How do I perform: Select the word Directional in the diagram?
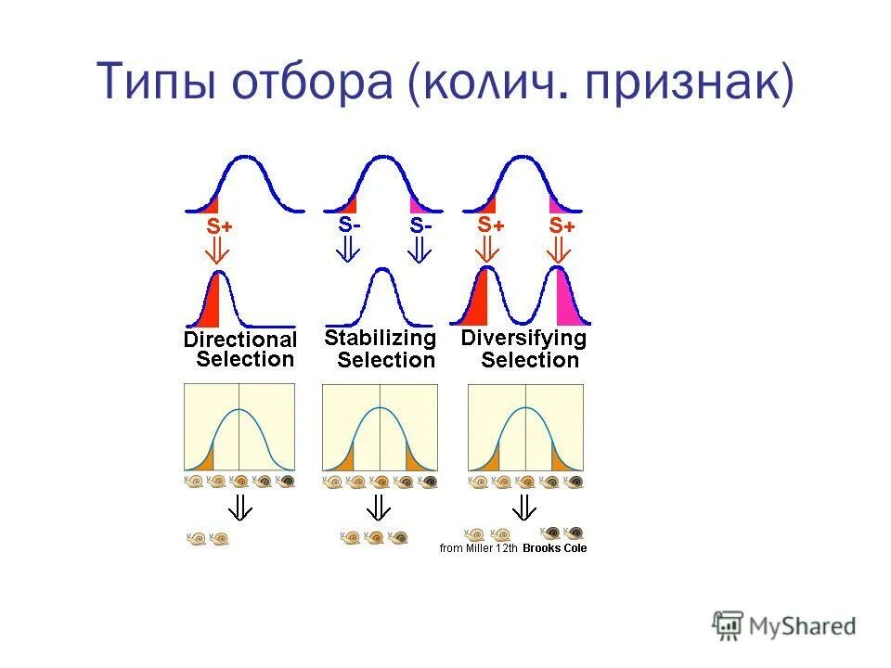239,340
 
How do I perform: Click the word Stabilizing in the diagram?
380,338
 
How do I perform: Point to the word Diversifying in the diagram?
523,338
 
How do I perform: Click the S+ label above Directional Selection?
219,225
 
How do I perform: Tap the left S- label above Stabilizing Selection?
349,225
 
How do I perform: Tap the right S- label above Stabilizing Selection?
420,225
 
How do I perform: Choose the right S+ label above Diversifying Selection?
562,225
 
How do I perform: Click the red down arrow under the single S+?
216,251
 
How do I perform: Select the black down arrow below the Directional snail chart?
240,507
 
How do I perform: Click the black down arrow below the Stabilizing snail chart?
378,507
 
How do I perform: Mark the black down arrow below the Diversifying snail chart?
524,507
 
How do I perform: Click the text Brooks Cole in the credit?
554,548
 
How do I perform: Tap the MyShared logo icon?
727,625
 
